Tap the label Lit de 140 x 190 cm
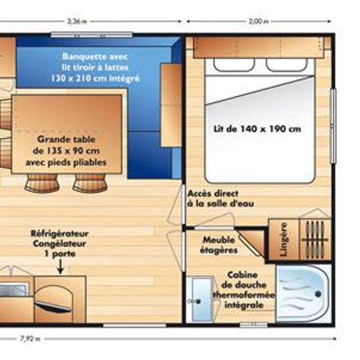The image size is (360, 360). coord(256,128)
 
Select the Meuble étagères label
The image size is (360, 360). coord(220,245)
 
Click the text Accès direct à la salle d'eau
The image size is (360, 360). coord(217,198)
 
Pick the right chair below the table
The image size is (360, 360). coord(89,182)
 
